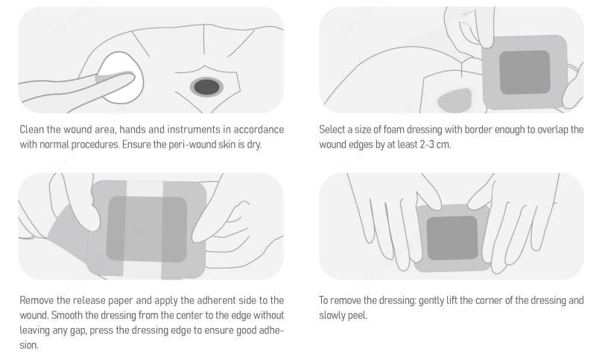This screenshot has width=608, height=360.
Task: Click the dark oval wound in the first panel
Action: [206, 87]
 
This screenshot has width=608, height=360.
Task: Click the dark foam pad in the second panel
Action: [525, 72]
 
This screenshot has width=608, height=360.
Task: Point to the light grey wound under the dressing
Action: [455, 101]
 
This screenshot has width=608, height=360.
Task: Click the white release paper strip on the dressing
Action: [144, 230]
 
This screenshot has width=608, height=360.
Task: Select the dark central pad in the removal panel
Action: [452, 238]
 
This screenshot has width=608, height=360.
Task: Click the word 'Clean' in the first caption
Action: [32, 130]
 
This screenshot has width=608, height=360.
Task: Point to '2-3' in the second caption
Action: [428, 145]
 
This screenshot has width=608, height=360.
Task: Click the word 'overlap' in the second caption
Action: [553, 130]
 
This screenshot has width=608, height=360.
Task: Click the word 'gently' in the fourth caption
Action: [431, 301]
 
